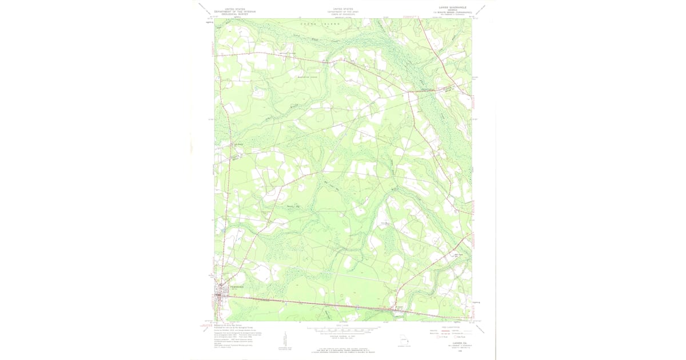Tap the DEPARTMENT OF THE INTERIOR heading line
coord(235,11)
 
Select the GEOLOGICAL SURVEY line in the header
coord(235,14)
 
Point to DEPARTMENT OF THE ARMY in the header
coord(343,11)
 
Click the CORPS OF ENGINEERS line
coord(343,14)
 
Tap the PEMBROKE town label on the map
coord(237,287)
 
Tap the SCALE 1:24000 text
coord(343,324)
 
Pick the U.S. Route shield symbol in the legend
coord(438,337)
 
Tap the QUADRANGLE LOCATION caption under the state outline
coord(405,346)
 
